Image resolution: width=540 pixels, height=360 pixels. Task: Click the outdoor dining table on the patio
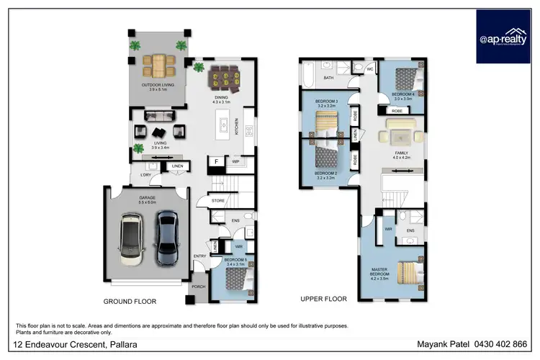[x=156, y=66]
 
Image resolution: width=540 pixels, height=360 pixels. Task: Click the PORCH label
[x=197, y=287]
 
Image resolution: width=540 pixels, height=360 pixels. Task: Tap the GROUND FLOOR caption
[x=130, y=302]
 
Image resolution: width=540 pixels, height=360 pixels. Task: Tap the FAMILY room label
[x=401, y=154]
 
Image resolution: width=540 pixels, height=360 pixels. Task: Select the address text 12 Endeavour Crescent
[x=54, y=344]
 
